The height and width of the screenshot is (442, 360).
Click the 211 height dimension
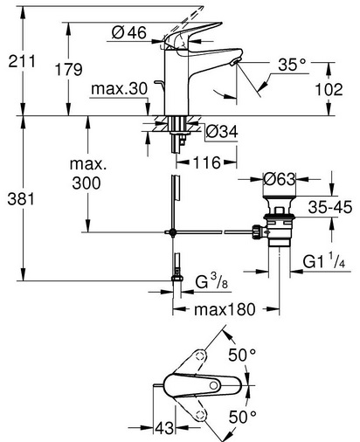click(x=22, y=61)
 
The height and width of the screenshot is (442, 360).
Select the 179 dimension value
click(x=69, y=70)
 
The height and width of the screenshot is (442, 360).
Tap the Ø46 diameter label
click(x=128, y=32)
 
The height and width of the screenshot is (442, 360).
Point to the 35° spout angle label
click(x=292, y=65)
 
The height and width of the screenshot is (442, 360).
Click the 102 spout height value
click(x=329, y=89)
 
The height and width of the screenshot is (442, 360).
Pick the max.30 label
click(x=119, y=88)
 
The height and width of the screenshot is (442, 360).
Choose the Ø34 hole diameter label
click(x=222, y=132)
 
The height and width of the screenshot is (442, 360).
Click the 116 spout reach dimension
click(x=207, y=162)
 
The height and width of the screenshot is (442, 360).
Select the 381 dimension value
click(x=21, y=199)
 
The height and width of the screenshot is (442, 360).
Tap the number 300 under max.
click(x=87, y=183)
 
